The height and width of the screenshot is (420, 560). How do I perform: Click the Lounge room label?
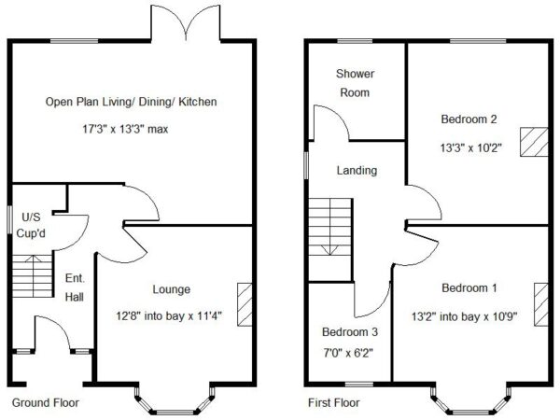(x=172, y=289)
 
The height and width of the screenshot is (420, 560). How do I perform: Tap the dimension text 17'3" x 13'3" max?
(x=125, y=129)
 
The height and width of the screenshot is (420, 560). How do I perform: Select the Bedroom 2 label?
(x=469, y=119)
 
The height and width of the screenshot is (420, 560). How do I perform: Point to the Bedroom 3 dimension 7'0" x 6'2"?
(x=348, y=353)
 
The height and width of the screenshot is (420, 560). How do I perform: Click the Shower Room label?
(x=355, y=83)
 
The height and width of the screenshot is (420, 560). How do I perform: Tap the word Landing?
(x=357, y=171)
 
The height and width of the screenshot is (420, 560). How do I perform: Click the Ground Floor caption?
(x=46, y=403)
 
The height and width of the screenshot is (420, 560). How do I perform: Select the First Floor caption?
(x=334, y=403)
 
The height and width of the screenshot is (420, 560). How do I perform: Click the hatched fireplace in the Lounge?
(x=245, y=304)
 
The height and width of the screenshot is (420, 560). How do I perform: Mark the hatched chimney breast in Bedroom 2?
(x=534, y=142)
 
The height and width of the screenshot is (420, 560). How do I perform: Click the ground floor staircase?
(x=33, y=276)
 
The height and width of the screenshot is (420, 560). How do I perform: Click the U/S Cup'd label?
(x=31, y=225)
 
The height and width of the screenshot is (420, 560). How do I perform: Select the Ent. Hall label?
(x=75, y=287)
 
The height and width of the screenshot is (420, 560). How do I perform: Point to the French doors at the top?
(x=186, y=22)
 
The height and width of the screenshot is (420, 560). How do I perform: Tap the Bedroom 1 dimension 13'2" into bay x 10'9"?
(x=464, y=316)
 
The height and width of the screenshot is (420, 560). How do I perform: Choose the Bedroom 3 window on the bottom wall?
(x=359, y=385)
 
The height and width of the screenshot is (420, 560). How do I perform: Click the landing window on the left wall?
(x=306, y=164)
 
